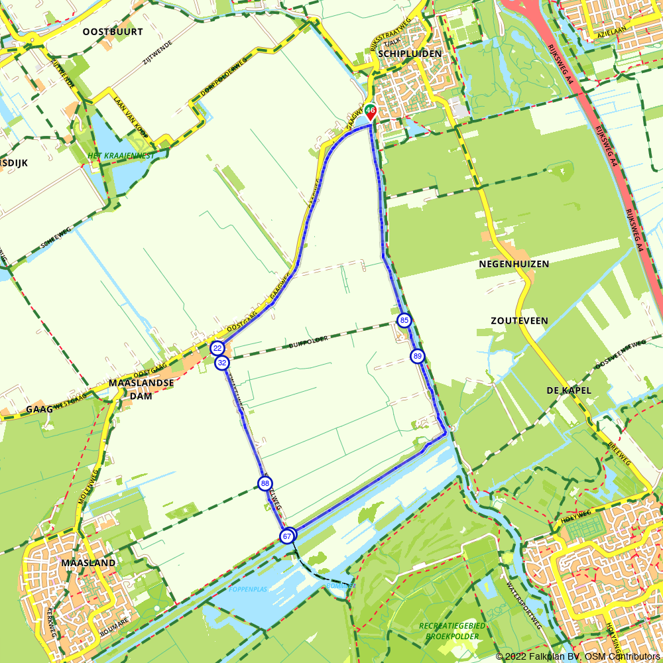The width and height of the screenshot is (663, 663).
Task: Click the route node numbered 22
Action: click(217, 348)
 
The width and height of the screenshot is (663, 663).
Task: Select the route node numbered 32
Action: click(222, 363)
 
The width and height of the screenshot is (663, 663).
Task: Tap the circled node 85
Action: click(404, 321)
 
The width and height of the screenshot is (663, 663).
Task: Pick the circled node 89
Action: click(417, 356)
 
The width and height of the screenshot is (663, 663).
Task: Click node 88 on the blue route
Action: click(265, 483)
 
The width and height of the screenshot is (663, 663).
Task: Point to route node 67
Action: click(287, 536)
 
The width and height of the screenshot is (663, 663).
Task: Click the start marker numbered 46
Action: click(371, 111)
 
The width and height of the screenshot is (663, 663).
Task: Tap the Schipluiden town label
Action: click(408, 54)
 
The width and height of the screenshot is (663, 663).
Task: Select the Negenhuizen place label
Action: click(514, 264)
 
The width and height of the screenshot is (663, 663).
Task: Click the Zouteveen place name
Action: click(519, 320)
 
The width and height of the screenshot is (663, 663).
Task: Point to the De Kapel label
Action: click(570, 390)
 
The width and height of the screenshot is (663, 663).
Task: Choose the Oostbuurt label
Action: click(113, 31)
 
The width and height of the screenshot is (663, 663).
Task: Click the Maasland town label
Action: click(88, 563)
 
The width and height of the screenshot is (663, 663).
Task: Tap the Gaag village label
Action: click(39, 410)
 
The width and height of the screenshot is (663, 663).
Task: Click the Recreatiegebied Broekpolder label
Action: click(452, 631)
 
